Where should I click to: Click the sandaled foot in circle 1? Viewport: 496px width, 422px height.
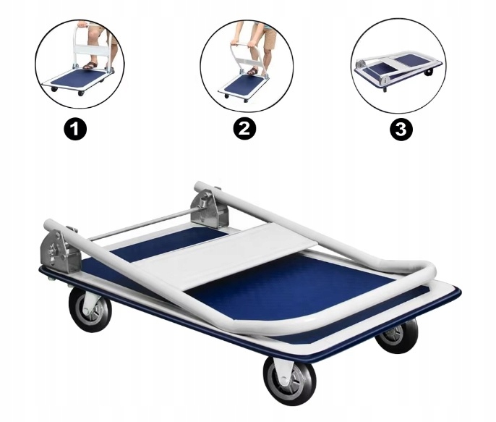(x=90, y=65)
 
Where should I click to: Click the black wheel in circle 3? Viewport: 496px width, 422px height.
(x=430, y=73)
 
